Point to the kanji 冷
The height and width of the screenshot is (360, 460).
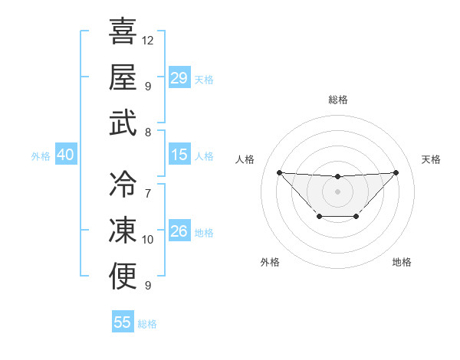[x=123, y=184]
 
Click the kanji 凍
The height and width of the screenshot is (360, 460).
[x=123, y=231]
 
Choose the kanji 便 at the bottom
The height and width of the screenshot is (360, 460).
[x=123, y=276]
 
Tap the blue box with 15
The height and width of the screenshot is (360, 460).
[x=179, y=155]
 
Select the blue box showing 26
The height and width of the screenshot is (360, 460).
[x=179, y=231]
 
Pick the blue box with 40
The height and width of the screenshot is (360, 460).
[x=65, y=155]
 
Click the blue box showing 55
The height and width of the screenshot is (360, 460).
[x=123, y=322]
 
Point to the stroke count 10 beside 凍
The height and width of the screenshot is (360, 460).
[x=148, y=240]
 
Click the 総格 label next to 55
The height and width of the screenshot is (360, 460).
[x=147, y=324]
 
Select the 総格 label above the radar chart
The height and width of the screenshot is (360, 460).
[x=337, y=100]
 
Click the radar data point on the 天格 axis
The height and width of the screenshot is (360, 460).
[x=396, y=172]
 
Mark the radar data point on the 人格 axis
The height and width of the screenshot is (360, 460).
[x=279, y=172]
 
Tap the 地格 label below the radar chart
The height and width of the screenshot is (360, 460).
[x=402, y=262]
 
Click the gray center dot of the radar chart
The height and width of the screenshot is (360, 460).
[x=337, y=191]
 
